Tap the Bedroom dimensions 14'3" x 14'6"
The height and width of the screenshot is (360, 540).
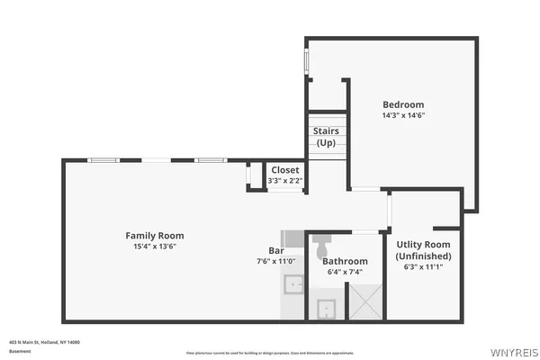(x=402, y=115)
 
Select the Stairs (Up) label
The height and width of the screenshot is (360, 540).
(x=325, y=137)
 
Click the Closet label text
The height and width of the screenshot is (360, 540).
(x=285, y=169)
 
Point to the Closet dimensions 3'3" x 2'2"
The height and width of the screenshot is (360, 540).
(x=285, y=181)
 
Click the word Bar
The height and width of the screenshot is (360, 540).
(x=276, y=250)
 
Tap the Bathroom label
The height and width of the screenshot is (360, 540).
(x=345, y=261)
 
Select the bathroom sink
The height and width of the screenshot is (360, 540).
(x=326, y=309)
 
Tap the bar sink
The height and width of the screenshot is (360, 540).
(x=293, y=286)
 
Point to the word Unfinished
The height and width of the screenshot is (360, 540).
(x=424, y=256)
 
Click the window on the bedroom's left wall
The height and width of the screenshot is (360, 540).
(x=307, y=61)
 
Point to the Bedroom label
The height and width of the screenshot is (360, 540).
(x=402, y=104)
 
